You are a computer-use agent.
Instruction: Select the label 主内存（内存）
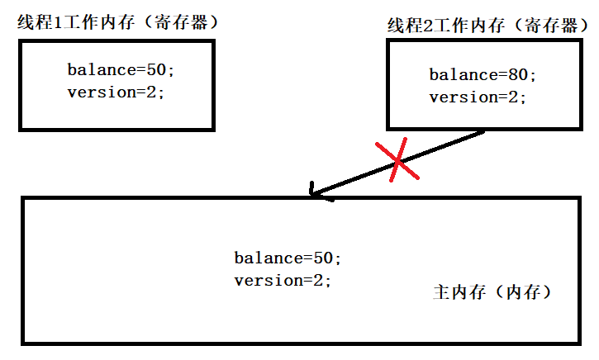tap(492, 292)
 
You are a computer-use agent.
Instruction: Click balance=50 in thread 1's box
tap(121, 70)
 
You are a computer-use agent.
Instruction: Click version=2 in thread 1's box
tap(116, 92)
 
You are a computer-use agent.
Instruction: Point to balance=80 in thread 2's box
tap(483, 75)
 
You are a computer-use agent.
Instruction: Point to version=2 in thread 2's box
tap(478, 97)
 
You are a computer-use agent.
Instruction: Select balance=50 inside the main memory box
tap(288, 258)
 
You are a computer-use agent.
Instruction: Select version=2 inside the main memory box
tap(283, 280)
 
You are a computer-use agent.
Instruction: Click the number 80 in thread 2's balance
tap(518, 75)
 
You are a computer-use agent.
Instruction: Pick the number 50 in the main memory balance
tap(322, 258)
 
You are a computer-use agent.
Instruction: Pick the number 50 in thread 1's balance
tap(156, 70)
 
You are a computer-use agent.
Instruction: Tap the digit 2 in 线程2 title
tap(429, 26)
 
